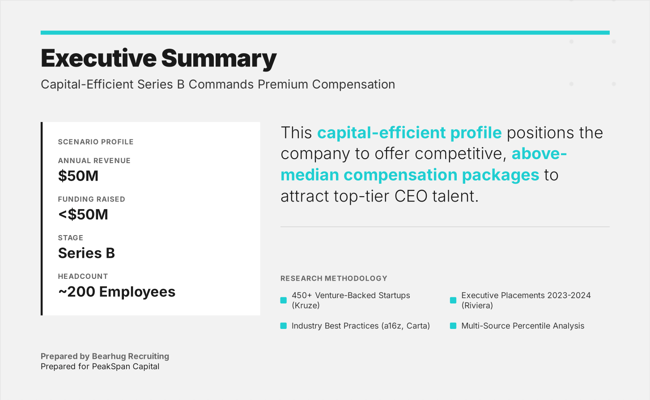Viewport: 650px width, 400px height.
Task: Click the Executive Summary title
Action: [158, 59]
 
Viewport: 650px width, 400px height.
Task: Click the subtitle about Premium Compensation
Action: [218, 84]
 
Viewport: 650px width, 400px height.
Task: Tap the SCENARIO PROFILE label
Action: [96, 142]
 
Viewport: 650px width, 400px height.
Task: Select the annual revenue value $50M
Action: [78, 176]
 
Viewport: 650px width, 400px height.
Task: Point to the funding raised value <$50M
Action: [83, 215]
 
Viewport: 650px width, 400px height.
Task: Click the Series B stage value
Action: [86, 253]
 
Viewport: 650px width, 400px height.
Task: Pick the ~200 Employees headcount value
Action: [117, 292]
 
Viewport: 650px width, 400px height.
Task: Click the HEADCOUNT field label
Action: [83, 276]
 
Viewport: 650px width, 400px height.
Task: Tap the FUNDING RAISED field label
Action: [91, 199]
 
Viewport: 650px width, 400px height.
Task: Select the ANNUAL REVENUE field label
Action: [94, 160]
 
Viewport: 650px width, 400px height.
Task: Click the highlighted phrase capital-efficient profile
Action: [409, 133]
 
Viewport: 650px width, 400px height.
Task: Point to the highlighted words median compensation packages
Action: [410, 175]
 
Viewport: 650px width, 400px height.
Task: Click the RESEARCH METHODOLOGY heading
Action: [334, 278]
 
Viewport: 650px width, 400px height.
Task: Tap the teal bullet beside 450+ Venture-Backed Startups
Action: [283, 300]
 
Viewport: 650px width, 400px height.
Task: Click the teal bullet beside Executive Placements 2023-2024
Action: [453, 300]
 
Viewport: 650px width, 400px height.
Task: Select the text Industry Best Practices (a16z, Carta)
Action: [361, 326]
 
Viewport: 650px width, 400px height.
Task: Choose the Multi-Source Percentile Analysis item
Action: [523, 326]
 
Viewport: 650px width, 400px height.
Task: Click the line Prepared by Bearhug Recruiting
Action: [105, 356]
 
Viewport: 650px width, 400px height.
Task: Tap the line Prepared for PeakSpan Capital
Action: [100, 366]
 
